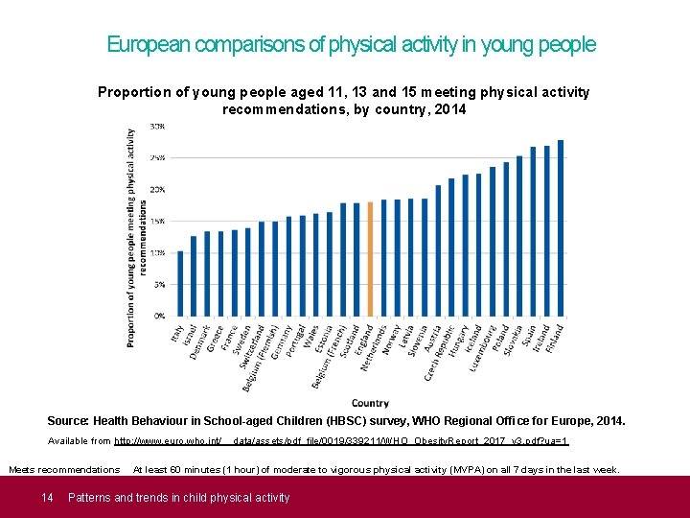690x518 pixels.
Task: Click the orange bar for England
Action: [x=370, y=259]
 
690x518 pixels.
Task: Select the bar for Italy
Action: [x=180, y=284]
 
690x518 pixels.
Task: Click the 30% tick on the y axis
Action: [x=157, y=127]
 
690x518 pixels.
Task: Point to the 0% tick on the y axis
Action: [x=159, y=316]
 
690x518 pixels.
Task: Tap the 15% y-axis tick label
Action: [x=157, y=221]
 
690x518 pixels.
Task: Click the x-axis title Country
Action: [x=370, y=403]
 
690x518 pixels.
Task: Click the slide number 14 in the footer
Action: [x=46, y=497]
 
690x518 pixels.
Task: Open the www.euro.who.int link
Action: [x=169, y=441]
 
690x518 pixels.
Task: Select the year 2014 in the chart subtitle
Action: [x=449, y=110]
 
